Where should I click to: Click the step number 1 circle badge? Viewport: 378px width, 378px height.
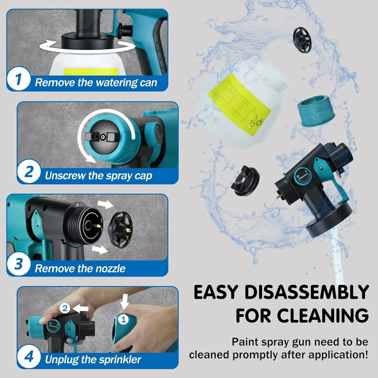point(19,79)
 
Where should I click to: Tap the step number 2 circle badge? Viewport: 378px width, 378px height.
point(29,172)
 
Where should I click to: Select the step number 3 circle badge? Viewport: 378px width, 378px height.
point(19,264)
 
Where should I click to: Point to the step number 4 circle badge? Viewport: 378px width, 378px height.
point(29,357)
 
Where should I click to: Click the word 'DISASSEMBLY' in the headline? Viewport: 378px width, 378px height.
point(307,292)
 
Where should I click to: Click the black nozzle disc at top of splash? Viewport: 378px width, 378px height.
point(302,40)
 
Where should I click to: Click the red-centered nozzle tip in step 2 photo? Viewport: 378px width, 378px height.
point(103,137)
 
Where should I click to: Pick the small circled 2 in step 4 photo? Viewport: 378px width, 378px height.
point(65,308)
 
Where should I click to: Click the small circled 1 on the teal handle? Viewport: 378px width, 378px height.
point(123,320)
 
